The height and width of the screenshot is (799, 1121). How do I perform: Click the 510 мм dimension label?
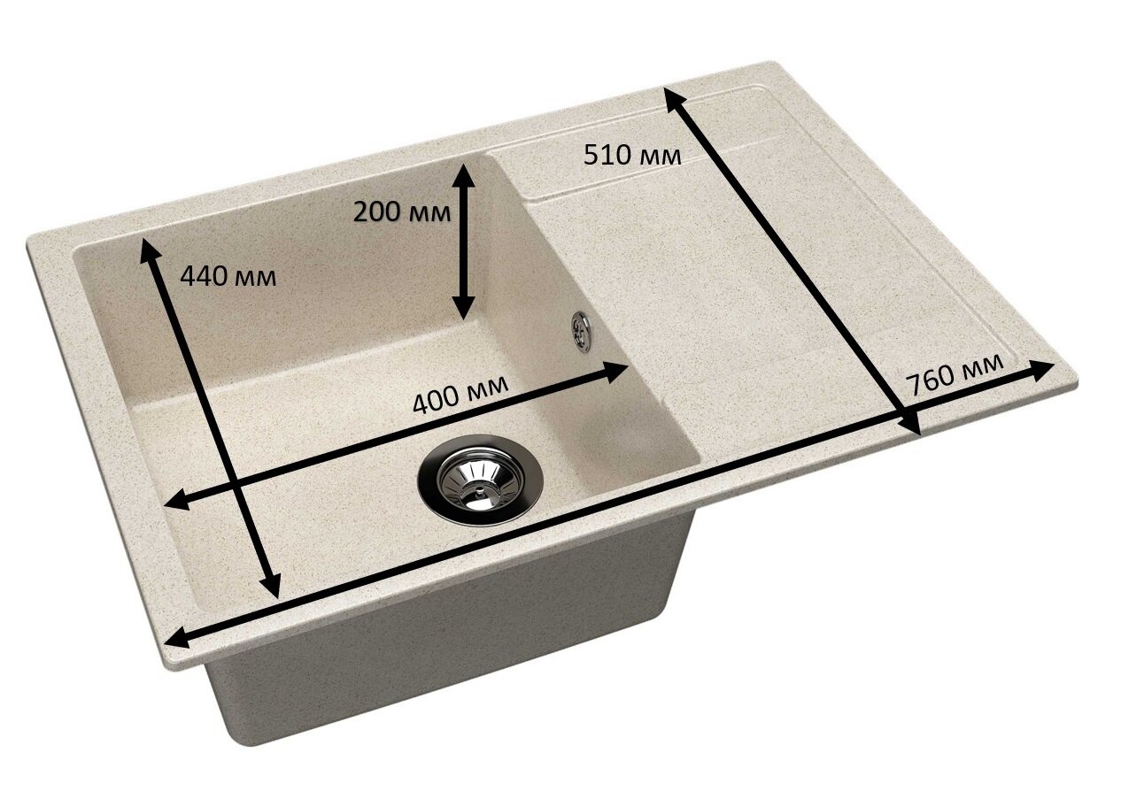coord(632,155)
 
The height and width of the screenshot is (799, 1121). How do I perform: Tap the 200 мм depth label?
coord(402,212)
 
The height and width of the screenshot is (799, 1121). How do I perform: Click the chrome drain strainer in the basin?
coord(480,480)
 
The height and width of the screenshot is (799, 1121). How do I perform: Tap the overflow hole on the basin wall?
coord(581,332)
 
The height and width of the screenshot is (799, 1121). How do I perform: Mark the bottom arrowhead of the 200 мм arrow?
coord(463,306)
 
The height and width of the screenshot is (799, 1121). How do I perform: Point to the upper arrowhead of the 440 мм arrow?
coord(148,250)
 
